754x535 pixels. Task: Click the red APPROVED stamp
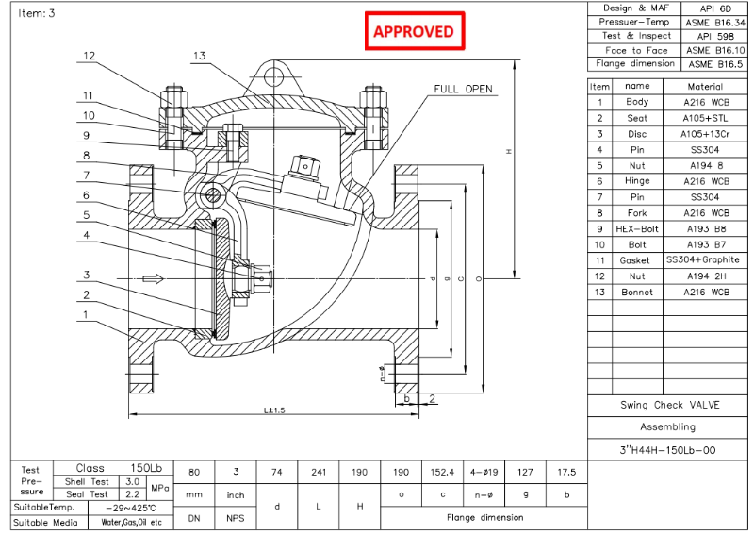414,31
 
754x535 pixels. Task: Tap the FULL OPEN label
463,89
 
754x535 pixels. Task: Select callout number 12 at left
89,56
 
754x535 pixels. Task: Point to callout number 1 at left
87,315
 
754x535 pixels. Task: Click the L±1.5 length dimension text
275,410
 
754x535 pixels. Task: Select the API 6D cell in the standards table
713,8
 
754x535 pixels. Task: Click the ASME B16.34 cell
713,22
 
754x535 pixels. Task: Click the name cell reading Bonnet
636,293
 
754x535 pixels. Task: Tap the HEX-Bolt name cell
636,228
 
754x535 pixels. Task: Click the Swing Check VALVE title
668,405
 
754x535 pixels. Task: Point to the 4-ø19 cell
484,473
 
